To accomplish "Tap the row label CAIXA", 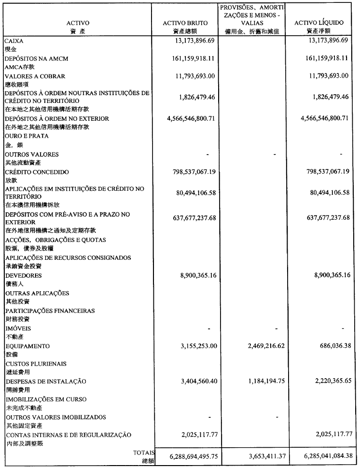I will [x=14, y=42].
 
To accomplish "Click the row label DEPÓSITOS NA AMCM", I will [x=36, y=58].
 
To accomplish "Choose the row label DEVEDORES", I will [x=24, y=275].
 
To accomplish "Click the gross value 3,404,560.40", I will [x=193, y=381].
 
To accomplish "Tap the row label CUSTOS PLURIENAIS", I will [x=36, y=364].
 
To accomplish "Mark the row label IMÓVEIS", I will [x=19, y=328].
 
